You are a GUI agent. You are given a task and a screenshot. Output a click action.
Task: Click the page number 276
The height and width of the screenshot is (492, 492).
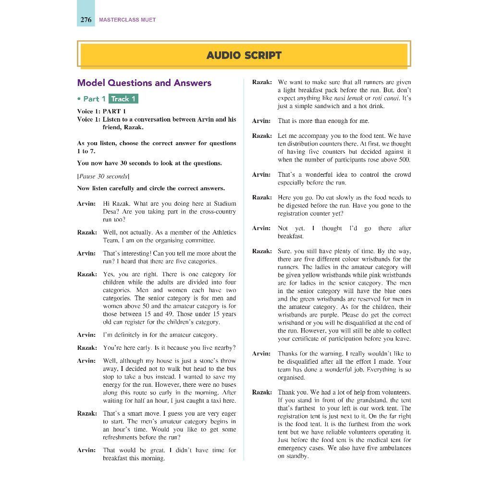[x=86, y=20]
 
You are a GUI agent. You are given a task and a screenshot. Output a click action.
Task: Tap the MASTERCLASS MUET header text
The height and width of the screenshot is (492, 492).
[x=127, y=20]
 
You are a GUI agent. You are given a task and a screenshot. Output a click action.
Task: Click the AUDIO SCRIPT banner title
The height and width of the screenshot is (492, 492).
[x=244, y=55]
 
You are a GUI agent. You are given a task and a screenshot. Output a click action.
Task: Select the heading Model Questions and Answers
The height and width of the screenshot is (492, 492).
[x=144, y=83]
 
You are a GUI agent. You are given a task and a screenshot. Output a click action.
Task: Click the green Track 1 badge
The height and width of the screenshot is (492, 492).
[x=123, y=99]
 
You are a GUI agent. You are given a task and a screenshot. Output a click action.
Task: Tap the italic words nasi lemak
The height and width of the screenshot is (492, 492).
[x=348, y=98]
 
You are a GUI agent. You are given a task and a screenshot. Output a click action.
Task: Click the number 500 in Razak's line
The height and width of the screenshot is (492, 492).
[x=405, y=160]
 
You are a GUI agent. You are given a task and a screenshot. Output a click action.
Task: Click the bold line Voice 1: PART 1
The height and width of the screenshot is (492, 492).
[x=101, y=111]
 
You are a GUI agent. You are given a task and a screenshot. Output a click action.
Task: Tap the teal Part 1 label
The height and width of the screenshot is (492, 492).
[x=94, y=99]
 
